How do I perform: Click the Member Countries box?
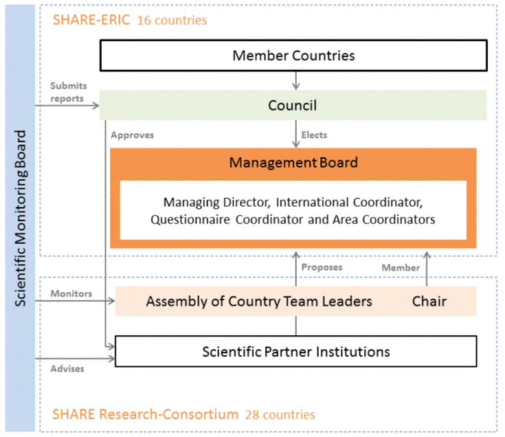[x=293, y=56]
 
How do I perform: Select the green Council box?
[x=293, y=106]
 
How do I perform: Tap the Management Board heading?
[x=293, y=162]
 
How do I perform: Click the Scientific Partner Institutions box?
[x=296, y=352]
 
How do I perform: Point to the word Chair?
[x=429, y=302]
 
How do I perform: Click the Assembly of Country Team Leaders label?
[x=259, y=302]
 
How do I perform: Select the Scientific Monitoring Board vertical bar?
[x=20, y=218]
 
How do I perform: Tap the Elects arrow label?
[x=314, y=135]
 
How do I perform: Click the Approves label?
[x=132, y=135]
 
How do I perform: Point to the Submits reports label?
[x=68, y=92]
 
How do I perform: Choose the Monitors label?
[x=71, y=294]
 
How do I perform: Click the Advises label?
[x=67, y=368]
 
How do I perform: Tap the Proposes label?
[x=322, y=267]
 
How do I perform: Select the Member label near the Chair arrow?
[x=401, y=267]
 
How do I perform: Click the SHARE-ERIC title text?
[x=91, y=20]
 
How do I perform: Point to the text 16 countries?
[x=172, y=20]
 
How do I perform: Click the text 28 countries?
[x=280, y=415]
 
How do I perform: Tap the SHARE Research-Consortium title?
[x=145, y=414]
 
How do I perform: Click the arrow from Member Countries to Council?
[x=296, y=80]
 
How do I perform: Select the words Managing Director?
[x=216, y=202]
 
